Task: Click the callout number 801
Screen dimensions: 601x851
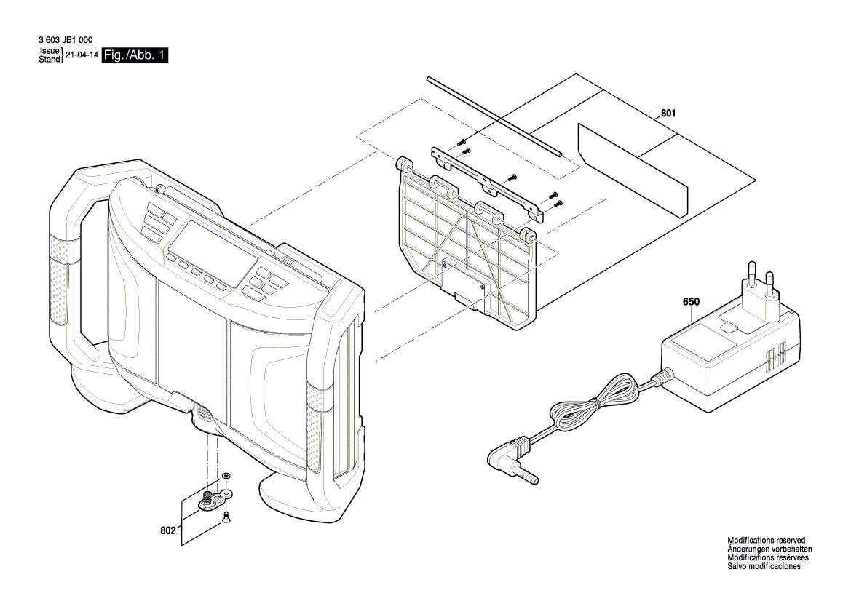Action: [668, 114]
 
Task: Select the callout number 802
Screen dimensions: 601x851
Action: [168, 532]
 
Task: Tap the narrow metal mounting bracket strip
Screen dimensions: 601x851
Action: [488, 182]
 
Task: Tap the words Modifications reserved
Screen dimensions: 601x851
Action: [766, 541]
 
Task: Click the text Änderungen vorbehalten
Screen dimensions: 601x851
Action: [769, 549]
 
